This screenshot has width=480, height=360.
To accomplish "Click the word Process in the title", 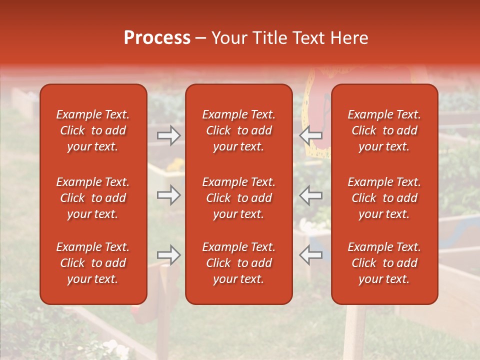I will point(157,38).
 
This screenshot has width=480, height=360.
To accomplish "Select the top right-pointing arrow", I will point(168,135).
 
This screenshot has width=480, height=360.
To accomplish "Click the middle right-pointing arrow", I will point(168,195).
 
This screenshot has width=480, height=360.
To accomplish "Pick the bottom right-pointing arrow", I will point(168,255).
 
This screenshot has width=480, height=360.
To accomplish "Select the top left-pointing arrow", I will point(310,135).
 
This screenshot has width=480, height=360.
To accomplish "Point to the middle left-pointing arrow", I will point(310,195).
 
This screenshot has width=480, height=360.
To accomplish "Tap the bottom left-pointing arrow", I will point(310,255).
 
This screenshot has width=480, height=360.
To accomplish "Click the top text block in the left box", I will point(93,130).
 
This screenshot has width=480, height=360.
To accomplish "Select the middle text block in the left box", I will point(93,198).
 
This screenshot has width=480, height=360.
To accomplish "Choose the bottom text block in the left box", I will point(93,263).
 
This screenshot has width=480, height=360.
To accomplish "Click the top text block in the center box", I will point(239,130).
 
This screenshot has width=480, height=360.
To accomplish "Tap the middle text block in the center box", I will point(239,198).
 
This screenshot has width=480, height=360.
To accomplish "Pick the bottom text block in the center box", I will point(239,263).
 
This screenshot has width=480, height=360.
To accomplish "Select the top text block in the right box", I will point(384,130).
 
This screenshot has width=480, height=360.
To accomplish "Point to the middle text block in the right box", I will point(384,198).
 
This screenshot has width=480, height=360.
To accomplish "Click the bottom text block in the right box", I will point(384,263).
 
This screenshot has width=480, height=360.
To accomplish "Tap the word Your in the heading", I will point(228,38).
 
